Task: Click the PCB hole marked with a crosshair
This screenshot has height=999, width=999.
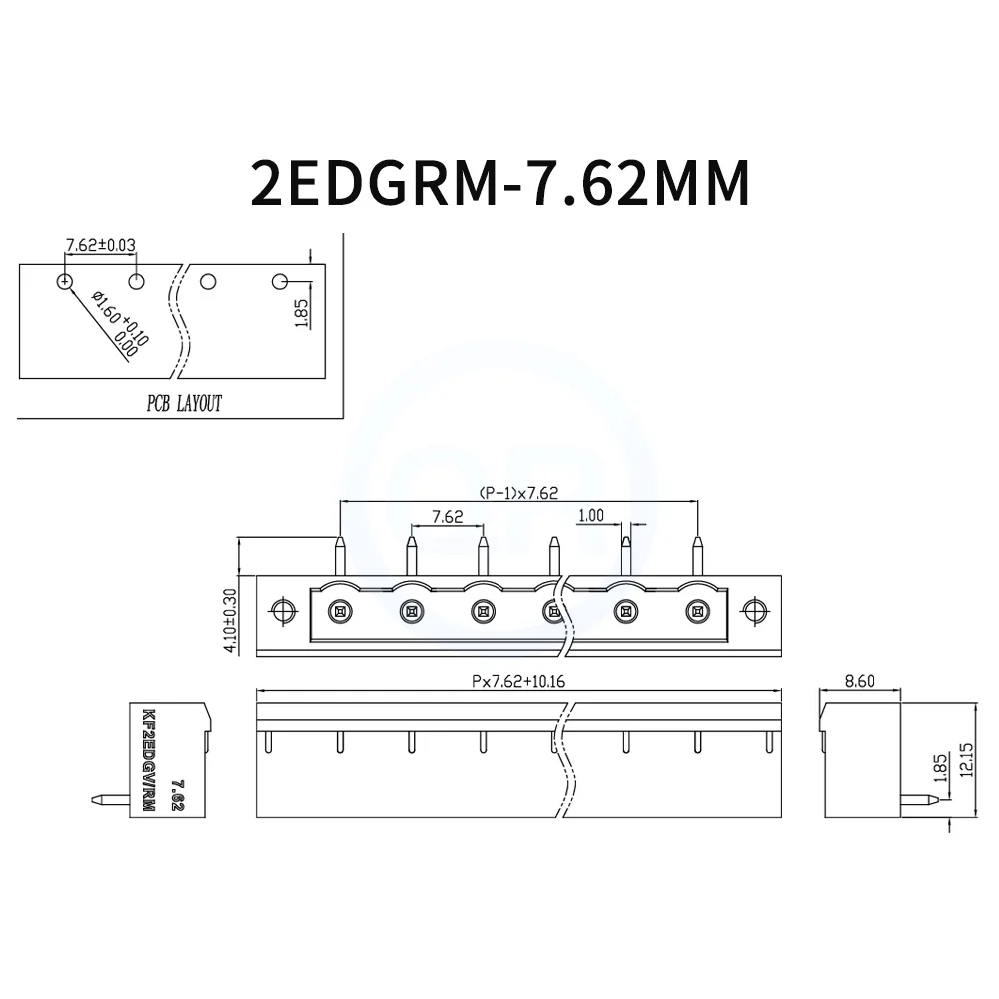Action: coord(65,281)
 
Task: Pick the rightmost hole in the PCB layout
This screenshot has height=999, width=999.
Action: coord(281,281)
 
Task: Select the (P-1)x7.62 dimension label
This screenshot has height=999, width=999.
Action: coord(518,492)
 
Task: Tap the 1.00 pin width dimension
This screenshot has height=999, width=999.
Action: coord(591,515)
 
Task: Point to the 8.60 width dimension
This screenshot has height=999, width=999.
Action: coord(860,681)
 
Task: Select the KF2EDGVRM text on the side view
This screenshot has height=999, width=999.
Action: coord(149,759)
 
